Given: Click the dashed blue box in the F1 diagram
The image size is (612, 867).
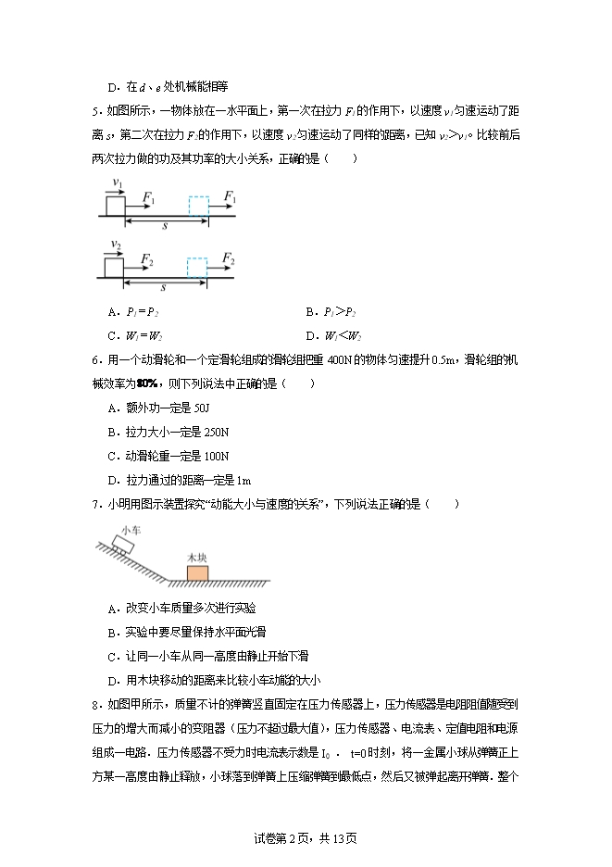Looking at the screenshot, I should [x=199, y=205].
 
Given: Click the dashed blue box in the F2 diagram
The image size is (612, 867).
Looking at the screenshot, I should [x=197, y=267].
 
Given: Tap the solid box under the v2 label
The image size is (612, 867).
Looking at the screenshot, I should [x=113, y=267].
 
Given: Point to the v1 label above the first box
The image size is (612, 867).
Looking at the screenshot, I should [x=117, y=182].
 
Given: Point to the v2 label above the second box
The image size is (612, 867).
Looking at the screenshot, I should [x=115, y=245].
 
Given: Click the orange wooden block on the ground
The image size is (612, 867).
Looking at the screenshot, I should [x=197, y=572].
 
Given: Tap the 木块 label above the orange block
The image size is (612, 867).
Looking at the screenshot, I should [x=196, y=557].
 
